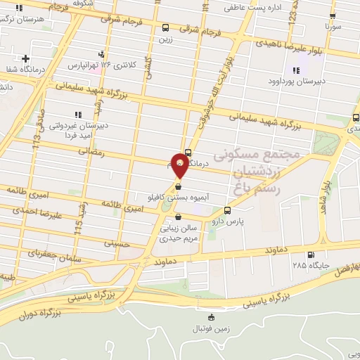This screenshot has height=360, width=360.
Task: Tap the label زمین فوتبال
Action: tap(211, 328)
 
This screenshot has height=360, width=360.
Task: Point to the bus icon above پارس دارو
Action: tap(227, 210)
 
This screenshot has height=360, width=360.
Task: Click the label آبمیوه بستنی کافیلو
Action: tap(180, 198)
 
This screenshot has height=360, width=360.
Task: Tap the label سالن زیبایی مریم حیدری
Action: tap(179, 232)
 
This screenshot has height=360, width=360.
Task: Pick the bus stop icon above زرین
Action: tap(165, 28)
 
